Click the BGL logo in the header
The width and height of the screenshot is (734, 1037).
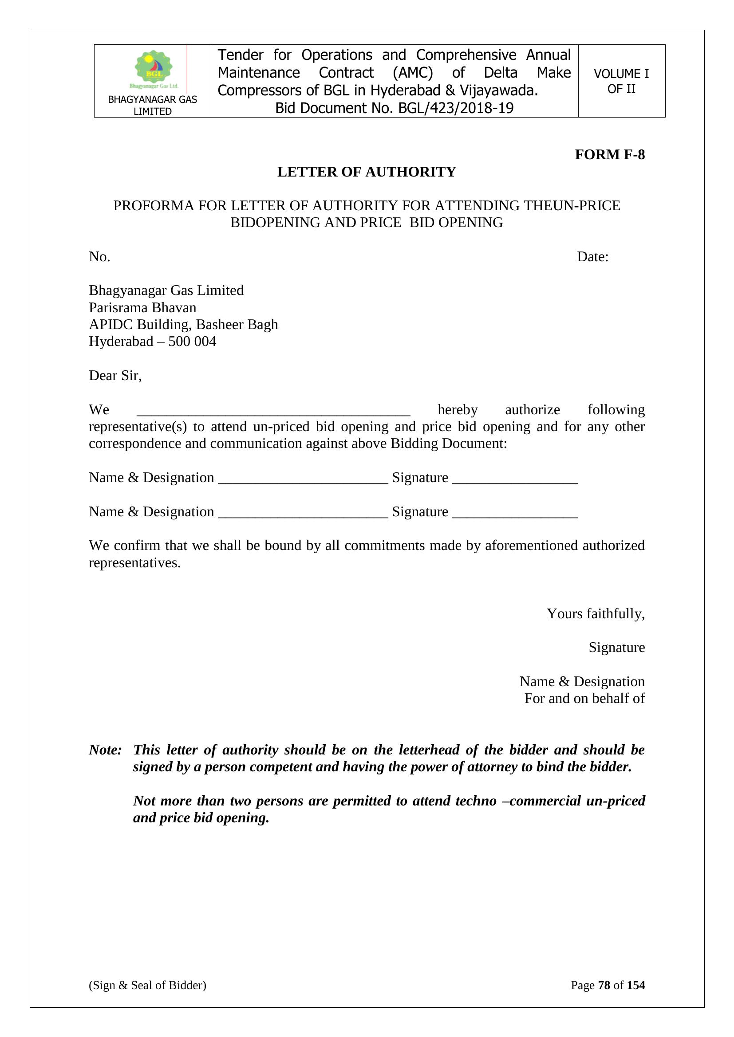(x=153, y=69)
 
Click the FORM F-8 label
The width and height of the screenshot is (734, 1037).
(x=609, y=154)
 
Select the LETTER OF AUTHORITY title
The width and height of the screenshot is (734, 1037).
(x=367, y=172)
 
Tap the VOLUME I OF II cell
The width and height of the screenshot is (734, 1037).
(x=621, y=81)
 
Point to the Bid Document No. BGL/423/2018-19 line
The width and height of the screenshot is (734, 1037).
(x=394, y=108)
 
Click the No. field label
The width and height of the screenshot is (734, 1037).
(x=99, y=257)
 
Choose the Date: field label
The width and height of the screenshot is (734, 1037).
(x=592, y=257)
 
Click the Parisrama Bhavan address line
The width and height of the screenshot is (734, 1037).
(x=142, y=307)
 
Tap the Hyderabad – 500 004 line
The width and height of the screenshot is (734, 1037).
(x=152, y=342)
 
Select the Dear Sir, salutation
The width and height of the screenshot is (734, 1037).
(x=115, y=375)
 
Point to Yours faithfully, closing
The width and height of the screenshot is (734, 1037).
(x=595, y=614)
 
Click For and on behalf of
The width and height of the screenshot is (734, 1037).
(x=584, y=699)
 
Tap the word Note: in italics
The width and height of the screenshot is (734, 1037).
(x=105, y=750)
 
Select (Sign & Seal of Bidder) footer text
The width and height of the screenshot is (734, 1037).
(x=147, y=985)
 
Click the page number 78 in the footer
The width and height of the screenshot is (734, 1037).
(x=604, y=985)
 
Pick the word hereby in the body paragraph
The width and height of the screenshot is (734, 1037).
(x=458, y=410)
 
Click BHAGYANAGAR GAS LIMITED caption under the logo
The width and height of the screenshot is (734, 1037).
(x=152, y=105)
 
